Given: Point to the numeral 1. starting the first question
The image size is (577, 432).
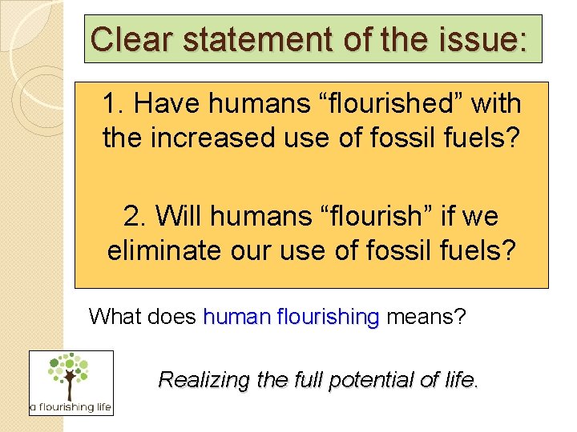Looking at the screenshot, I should (x=115, y=104).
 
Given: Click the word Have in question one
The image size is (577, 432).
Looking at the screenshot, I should (x=171, y=104).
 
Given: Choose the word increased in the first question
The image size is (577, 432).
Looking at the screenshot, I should (x=211, y=138).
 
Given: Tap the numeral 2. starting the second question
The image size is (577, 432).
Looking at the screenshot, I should (x=136, y=216).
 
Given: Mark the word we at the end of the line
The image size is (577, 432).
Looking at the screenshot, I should (x=479, y=216).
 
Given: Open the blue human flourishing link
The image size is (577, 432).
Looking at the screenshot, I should (x=291, y=317).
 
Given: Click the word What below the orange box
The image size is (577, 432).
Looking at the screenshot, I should (x=116, y=317).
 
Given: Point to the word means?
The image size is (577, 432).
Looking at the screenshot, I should (x=426, y=317).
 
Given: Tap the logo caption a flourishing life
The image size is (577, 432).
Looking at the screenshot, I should (x=71, y=407).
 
